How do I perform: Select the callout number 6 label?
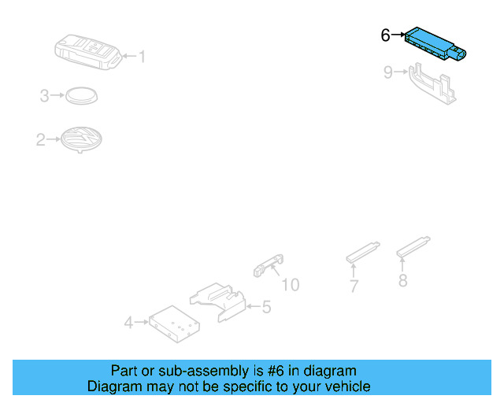click(385, 35)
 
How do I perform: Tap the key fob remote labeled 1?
click(86, 50)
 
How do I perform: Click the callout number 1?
click(142, 56)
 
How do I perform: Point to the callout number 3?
click(45, 96)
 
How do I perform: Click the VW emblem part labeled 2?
click(81, 140)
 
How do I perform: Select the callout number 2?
click(40, 141)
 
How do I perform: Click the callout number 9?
click(387, 72)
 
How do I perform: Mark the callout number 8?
click(402, 281)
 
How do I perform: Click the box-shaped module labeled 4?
click(172, 323)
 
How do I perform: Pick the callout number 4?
click(128, 322)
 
